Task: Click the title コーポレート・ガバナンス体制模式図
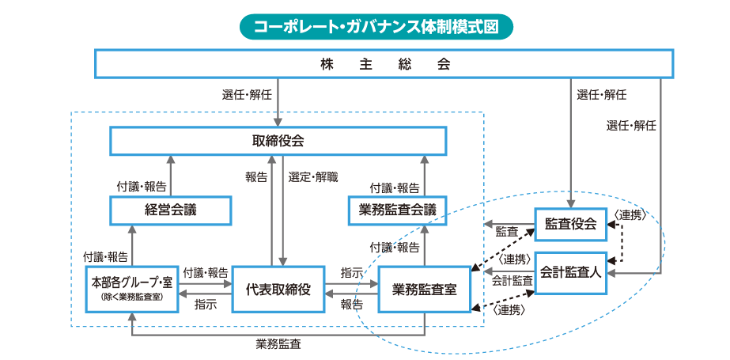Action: [x=376, y=26]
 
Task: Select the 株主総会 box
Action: [x=384, y=64]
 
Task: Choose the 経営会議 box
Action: [x=170, y=210]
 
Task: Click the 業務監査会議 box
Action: [x=397, y=210]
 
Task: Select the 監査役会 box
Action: [x=570, y=224]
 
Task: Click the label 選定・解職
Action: [x=313, y=176]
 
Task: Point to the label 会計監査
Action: [x=512, y=280]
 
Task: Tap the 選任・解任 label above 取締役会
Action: [x=247, y=95]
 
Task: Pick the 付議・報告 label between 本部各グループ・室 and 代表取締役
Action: [x=205, y=271]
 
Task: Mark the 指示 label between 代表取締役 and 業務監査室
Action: [x=352, y=271]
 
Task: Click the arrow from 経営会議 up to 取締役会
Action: [x=170, y=175]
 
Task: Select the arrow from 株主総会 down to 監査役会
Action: [x=571, y=142]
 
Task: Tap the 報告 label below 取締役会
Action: [x=256, y=177]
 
